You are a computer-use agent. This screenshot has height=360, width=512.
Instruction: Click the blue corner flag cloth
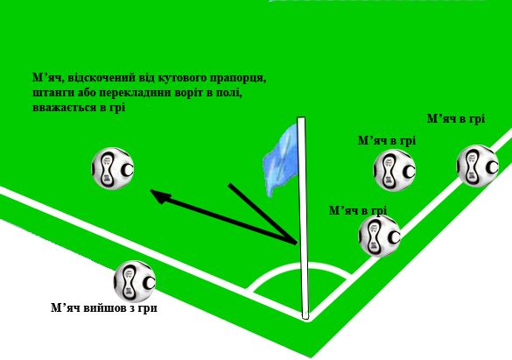[x=282, y=160]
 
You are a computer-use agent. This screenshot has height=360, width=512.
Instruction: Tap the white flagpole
[x=303, y=218]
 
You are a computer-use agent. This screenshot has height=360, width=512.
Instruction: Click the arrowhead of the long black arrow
[x=160, y=196]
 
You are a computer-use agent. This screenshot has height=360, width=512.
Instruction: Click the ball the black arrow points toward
[x=113, y=168]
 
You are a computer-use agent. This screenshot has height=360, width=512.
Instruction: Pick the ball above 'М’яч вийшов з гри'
[x=135, y=281]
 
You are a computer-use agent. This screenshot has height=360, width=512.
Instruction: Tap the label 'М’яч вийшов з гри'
[x=104, y=308]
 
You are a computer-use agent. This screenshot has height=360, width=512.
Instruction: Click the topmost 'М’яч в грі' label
[x=456, y=119]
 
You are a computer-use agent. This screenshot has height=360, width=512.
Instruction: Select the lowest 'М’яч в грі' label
[x=358, y=211]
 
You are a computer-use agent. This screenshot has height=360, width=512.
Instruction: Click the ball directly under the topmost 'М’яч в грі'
[x=477, y=166]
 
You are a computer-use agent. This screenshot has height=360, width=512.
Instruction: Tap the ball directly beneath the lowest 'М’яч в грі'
[x=380, y=236]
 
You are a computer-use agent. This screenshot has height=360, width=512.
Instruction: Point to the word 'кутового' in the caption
[x=183, y=79]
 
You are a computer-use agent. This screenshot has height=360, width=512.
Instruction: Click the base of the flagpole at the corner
[x=305, y=316]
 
